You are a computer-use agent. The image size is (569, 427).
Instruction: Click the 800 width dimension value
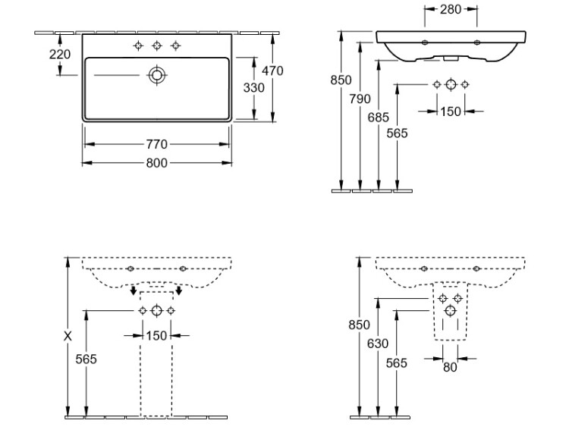(156, 162)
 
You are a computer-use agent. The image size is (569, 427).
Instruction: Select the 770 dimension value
(156, 143)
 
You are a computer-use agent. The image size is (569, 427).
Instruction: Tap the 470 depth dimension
(272, 71)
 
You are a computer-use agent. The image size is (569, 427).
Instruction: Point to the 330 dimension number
(253, 87)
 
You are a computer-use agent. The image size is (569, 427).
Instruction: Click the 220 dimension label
(59, 54)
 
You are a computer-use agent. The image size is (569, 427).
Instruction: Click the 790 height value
(360, 99)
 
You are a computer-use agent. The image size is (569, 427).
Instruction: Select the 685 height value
(378, 117)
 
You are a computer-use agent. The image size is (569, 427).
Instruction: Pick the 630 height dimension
(378, 344)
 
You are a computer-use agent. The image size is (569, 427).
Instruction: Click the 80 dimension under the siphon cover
(449, 369)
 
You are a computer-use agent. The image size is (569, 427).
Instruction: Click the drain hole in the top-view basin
(157, 74)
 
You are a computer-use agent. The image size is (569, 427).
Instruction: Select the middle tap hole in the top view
(157, 46)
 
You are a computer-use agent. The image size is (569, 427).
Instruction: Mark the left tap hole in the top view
(138, 46)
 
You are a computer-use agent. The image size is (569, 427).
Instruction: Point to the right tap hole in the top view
(176, 46)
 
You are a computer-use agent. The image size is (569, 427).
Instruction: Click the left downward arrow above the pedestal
(134, 290)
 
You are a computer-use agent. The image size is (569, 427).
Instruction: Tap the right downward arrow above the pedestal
(179, 290)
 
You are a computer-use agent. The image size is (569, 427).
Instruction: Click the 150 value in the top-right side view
(451, 111)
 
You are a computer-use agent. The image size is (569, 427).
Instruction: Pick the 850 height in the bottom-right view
(359, 325)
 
